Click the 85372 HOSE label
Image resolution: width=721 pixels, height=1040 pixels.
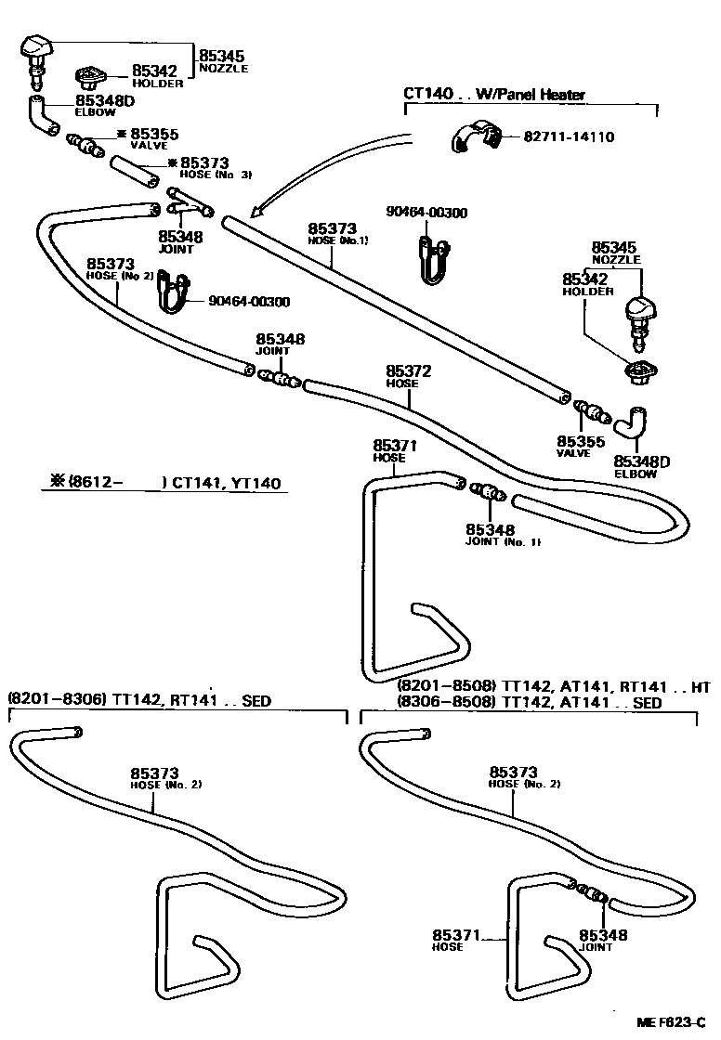click(409, 376)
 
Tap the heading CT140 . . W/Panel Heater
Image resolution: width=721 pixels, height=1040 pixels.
click(494, 94)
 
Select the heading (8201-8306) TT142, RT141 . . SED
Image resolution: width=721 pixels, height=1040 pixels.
click(139, 700)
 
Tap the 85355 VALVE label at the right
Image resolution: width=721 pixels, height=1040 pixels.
click(581, 447)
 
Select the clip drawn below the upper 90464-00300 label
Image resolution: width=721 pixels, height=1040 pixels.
click(432, 257)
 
